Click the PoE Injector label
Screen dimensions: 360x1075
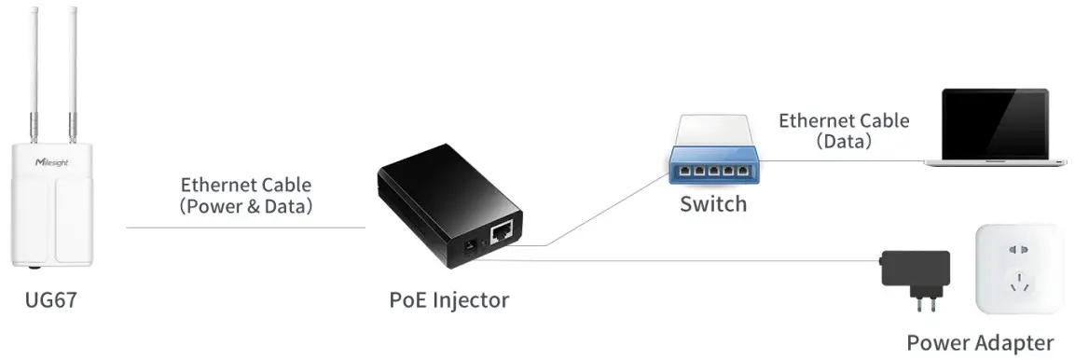coord(449,300)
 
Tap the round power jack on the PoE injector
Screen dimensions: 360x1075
coord(470,249)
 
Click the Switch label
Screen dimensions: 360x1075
coord(713,203)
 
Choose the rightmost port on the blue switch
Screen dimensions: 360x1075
coord(744,173)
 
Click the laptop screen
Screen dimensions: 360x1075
coord(994,122)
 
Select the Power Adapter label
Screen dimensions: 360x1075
coord(980,341)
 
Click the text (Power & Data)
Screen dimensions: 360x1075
coord(246,206)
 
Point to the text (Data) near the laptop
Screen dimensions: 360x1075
coord(844,142)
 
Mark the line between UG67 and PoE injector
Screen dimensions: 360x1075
coord(244,227)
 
